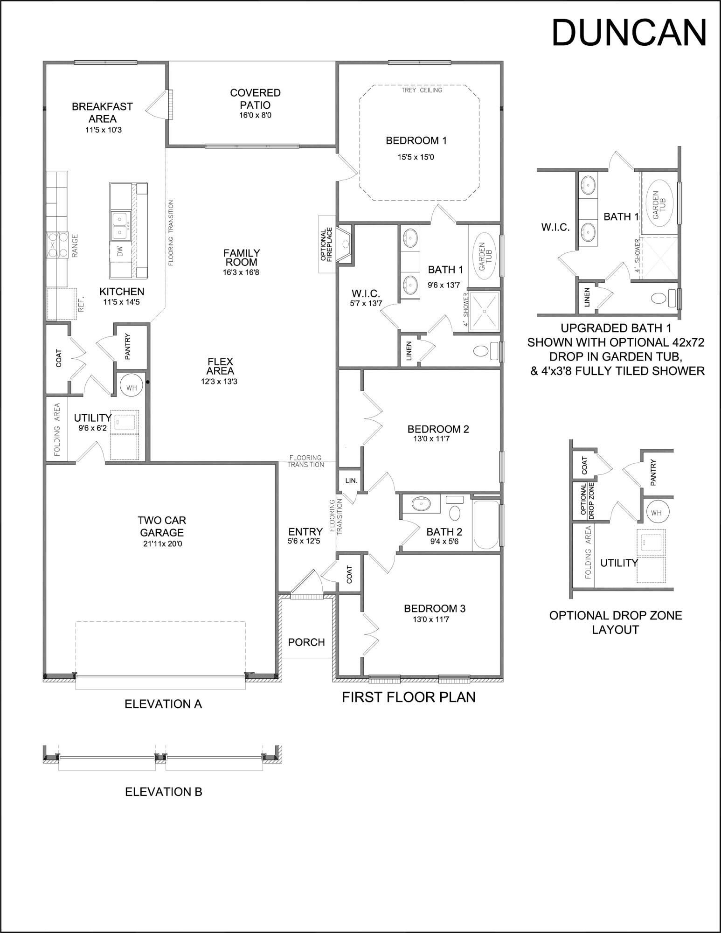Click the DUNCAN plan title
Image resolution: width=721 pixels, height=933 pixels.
pos(629,33)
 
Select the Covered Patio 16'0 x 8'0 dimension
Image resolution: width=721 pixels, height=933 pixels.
pos(255,115)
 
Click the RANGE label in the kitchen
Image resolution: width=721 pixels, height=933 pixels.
pos(75,246)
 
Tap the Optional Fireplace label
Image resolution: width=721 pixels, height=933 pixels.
pos(326,244)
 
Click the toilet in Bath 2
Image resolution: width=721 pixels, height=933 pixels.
pos(455,513)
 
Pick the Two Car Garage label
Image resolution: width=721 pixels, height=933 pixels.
pos(162,526)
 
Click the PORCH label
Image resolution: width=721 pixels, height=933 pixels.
pos(306,642)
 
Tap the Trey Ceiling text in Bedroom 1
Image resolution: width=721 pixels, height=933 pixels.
pos(422,90)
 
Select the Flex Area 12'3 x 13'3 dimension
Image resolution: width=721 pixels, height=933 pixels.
pos(220,382)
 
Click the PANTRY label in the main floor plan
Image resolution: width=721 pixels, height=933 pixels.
pos(128,346)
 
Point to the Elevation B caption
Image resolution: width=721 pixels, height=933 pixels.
pos(164,792)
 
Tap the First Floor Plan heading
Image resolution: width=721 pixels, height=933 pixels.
pos(409,697)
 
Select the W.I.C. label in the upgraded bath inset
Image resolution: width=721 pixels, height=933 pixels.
pos(555,228)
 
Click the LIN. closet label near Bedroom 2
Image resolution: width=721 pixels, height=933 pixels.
pos(351,480)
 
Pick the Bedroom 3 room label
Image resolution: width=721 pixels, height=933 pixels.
pos(434,608)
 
